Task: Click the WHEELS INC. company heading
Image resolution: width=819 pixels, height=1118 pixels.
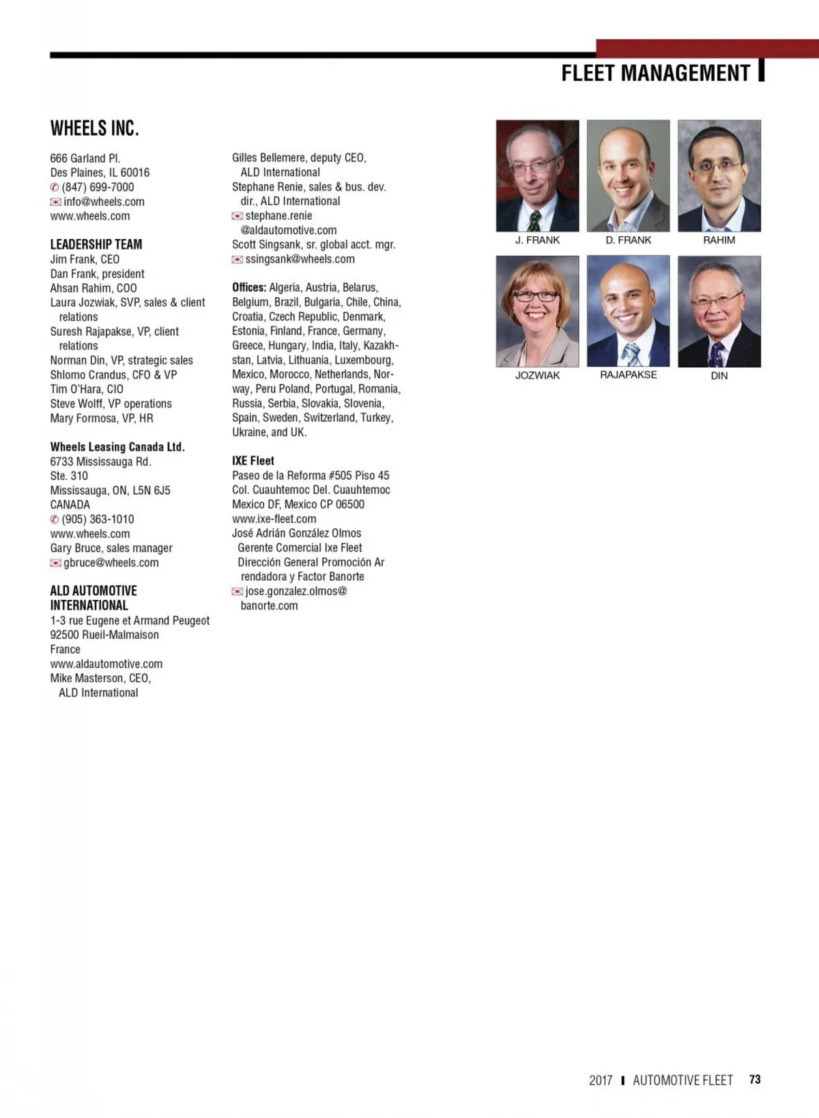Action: (95, 128)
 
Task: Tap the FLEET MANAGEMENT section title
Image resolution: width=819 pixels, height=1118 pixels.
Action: (655, 73)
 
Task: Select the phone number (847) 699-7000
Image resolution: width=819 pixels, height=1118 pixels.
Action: (98, 187)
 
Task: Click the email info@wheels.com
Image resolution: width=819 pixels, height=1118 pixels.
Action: (104, 201)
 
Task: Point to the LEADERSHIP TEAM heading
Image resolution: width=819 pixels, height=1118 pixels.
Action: (96, 244)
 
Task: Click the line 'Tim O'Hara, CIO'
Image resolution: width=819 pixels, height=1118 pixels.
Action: (87, 389)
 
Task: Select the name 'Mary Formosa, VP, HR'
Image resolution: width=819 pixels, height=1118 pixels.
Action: (102, 418)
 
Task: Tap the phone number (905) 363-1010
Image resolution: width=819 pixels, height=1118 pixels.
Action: (98, 519)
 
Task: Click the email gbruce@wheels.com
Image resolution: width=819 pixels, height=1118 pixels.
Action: (111, 562)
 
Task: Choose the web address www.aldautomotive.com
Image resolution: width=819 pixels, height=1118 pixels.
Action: (106, 663)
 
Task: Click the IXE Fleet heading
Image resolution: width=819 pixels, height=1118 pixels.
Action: (253, 461)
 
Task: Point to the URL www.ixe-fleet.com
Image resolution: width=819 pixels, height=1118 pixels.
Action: (274, 519)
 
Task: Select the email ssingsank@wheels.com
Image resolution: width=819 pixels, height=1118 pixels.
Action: (300, 259)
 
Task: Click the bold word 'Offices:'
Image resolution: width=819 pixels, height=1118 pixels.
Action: (249, 287)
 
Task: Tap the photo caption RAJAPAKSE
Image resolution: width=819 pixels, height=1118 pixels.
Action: (629, 375)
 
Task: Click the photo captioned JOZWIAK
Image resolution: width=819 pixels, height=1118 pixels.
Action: (538, 311)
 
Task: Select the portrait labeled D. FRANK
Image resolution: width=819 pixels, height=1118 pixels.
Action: (629, 175)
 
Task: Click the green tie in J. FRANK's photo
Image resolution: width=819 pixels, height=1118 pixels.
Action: (534, 220)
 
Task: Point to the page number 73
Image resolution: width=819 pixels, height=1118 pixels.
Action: (755, 1079)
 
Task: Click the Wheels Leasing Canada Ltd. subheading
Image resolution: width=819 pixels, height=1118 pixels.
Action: (117, 446)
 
